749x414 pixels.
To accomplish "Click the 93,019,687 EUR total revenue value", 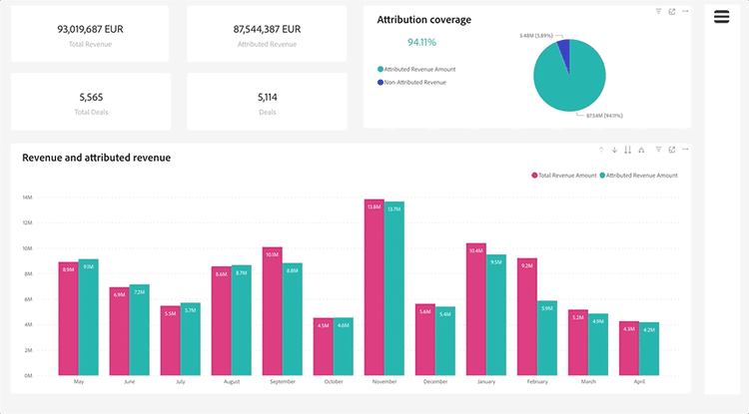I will click(91, 29).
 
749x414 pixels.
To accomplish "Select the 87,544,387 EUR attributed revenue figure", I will click(267, 29).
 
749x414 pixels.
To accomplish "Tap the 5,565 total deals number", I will click(91, 97).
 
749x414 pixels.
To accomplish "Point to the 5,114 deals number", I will click(267, 97).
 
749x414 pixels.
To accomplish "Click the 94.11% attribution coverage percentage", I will click(421, 42).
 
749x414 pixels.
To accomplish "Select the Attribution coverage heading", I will click(423, 19).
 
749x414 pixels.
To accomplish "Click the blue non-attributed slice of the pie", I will click(564, 49).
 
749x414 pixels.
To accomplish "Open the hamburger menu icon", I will click(721, 17).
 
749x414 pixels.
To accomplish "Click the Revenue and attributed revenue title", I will click(96, 158).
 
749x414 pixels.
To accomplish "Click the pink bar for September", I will click(272, 310).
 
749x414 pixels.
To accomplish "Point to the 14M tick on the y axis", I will click(28, 197).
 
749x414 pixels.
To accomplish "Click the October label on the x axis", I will click(334, 381).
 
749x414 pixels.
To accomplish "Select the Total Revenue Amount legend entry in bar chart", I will click(564, 176).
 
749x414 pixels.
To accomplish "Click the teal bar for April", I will click(649, 348).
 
